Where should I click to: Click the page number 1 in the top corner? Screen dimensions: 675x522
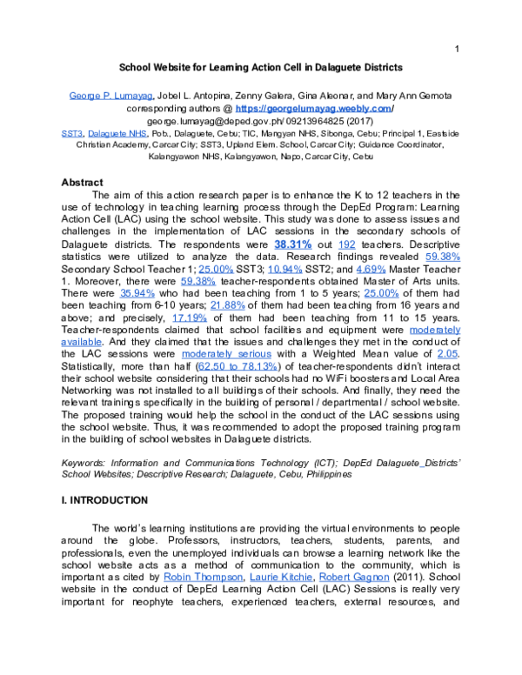(x=457, y=49)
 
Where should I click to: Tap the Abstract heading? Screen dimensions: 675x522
(x=83, y=183)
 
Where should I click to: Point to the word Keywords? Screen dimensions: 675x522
(x=87, y=463)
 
